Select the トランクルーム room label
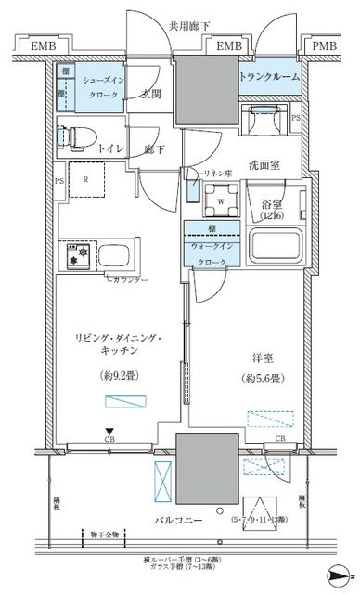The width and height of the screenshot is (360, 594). coord(270,77)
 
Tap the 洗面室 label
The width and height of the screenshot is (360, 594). coord(264,165)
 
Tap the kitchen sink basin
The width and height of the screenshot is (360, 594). coord(114,255)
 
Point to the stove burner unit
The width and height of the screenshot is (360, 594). coord(73,255)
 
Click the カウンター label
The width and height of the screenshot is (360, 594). coord(130,280)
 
